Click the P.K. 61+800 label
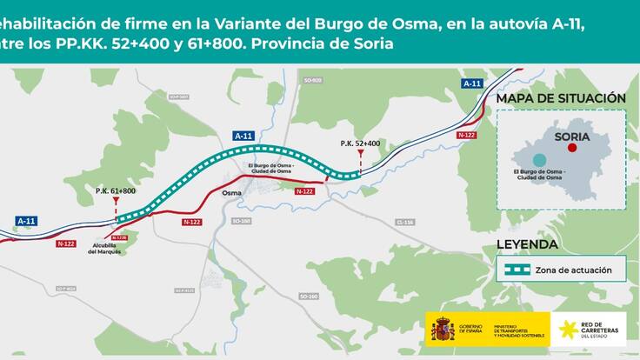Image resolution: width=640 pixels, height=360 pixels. [x=115, y=190]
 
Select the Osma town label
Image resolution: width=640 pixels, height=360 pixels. [x=231, y=194]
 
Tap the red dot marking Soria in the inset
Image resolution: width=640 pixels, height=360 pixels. [x=571, y=148]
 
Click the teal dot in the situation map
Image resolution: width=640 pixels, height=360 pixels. [x=540, y=160]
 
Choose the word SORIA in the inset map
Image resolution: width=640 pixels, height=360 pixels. [x=572, y=137]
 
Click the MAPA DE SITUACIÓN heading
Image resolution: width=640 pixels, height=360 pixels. [x=560, y=99]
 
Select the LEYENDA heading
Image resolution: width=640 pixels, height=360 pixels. [x=527, y=243]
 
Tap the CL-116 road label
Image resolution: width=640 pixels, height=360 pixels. [x=404, y=223]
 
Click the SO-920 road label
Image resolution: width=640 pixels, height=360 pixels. [x=313, y=80]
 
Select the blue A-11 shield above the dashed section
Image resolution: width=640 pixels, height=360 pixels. [x=244, y=136]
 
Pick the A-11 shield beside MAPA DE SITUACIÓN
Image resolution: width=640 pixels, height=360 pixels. [x=471, y=83]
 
